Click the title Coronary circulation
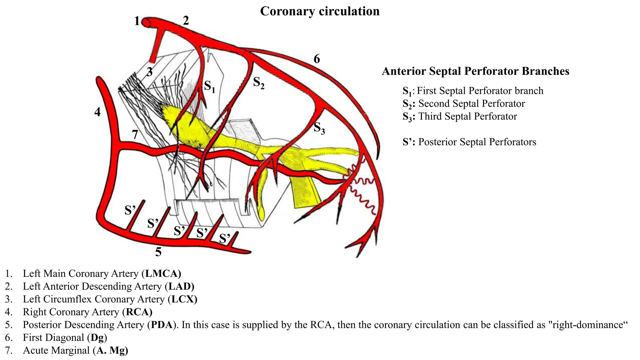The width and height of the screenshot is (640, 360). coord(320,11)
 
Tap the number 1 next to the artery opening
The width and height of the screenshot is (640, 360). coord(137,21)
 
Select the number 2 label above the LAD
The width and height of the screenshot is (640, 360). coord(186,21)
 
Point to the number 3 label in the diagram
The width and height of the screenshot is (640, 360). coord(150,72)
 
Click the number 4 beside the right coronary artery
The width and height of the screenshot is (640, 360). coord(97,112)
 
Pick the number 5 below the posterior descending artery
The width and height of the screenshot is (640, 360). coord(158,252)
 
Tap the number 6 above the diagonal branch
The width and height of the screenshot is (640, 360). coord(317,59)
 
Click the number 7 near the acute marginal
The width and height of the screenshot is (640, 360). coord(135,135)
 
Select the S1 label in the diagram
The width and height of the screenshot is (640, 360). coord(209,86)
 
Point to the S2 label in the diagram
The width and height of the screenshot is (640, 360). coord(258,82)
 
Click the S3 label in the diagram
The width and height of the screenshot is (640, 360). coord(319,128)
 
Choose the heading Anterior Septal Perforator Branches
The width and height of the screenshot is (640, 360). coord(475,71)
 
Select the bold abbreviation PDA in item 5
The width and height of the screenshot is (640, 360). coord(162,325)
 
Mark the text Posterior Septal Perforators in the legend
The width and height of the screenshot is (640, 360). coord(477,142)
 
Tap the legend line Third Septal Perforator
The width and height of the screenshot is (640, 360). coord(467,116)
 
